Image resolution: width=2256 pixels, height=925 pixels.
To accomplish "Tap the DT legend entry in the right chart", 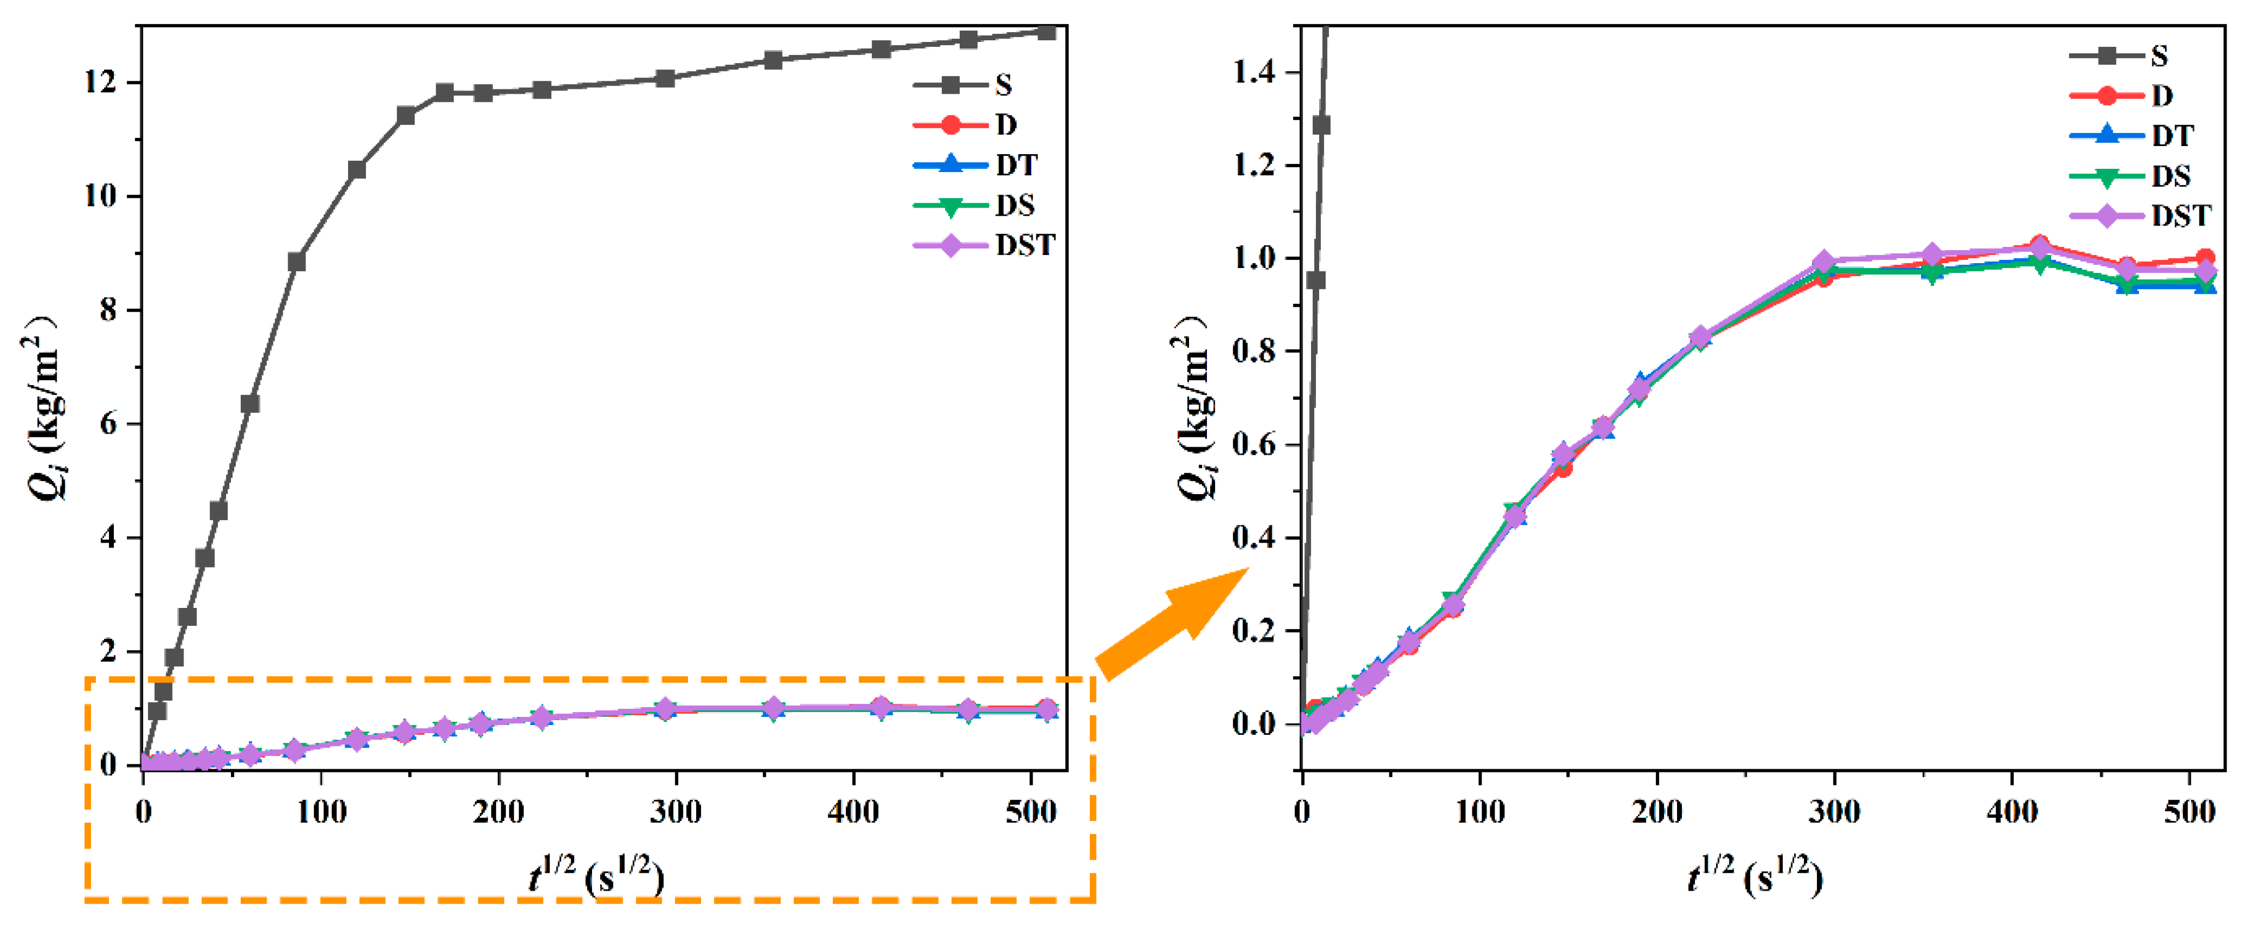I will pyautogui.click(x=2137, y=136).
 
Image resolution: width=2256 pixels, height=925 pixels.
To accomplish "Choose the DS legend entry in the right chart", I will pyautogui.click(x=2137, y=176).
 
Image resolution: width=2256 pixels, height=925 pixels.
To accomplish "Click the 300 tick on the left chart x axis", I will pyautogui.click(x=675, y=812).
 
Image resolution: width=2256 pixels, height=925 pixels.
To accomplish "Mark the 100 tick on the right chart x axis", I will pyautogui.click(x=1480, y=812).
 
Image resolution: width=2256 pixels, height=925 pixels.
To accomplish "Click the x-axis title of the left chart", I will pyautogui.click(x=595, y=876).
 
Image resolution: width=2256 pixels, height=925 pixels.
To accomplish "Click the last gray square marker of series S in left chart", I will pyautogui.click(x=1046, y=32).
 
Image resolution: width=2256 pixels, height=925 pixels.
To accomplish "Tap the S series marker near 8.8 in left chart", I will pyautogui.click(x=296, y=262).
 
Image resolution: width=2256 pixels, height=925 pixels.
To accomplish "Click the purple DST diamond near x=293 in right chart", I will pyautogui.click(x=1824, y=262).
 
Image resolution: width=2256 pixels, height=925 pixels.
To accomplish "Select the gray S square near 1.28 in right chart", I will pyautogui.click(x=1321, y=125).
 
